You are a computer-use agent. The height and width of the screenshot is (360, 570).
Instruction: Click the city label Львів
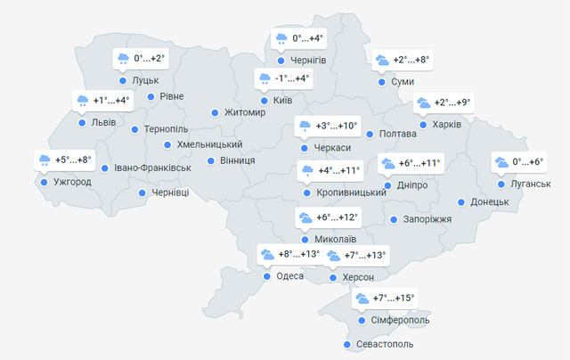103,122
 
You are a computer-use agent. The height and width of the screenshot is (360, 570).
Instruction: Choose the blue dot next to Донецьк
460,202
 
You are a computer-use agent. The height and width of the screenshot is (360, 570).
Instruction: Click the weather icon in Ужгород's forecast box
45,160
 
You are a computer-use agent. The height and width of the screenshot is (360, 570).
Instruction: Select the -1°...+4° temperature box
283,78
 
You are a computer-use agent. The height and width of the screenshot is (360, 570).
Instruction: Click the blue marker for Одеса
266,276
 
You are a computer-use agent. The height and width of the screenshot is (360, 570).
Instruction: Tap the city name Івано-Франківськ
152,168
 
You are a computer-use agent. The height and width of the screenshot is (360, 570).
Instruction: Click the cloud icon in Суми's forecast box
382,61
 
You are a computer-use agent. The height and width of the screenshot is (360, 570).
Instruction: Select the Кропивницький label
350,192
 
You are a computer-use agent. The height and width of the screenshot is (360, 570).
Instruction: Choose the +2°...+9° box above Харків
444,102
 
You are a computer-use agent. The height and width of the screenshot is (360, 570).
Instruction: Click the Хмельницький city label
210,144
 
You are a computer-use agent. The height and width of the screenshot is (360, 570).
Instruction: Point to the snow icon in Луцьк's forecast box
123,59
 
